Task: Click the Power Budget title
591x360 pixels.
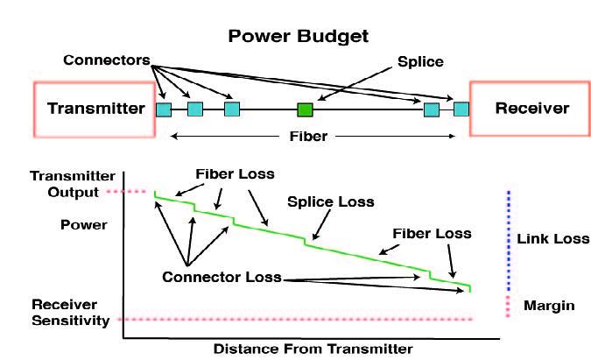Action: pos(299,36)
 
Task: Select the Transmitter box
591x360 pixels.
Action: pos(95,109)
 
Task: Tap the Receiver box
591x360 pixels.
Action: pos(531,109)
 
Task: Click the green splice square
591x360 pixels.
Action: pos(305,109)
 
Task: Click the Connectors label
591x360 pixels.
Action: pos(104,61)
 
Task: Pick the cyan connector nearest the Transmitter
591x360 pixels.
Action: pos(164,109)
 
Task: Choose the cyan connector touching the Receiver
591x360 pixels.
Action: pos(461,109)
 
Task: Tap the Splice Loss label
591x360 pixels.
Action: pos(331,201)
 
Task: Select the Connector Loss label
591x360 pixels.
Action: pos(222,278)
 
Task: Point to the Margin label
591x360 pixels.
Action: pos(549,305)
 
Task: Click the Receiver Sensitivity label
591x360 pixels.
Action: pos(71,313)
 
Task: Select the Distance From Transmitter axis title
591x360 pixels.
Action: pos(313,348)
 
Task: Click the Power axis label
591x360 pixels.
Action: pos(84,224)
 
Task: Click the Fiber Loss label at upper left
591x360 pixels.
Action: pos(236,173)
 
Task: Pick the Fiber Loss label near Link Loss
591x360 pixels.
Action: pos(433,234)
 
